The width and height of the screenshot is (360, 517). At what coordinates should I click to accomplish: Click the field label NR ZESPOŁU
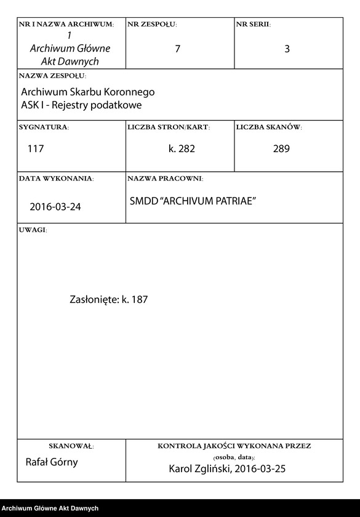coord(152,24)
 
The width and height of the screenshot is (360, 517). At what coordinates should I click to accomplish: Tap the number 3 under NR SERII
coord(287,49)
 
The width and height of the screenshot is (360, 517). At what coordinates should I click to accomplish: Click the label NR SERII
coord(253,24)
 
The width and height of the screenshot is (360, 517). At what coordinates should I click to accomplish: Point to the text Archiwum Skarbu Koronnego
coord(88,92)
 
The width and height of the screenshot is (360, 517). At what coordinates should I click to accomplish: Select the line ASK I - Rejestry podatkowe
coord(81,105)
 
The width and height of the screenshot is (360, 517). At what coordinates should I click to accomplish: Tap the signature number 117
coord(36,148)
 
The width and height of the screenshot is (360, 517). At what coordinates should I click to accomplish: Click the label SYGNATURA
coord(44,127)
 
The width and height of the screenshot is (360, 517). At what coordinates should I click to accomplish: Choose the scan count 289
coord(281,148)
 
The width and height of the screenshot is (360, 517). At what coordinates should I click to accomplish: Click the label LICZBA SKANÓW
coord(268,127)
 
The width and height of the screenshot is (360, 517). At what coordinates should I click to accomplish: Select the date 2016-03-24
coord(55,207)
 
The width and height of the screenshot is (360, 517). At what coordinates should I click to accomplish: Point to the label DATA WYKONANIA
coord(56,178)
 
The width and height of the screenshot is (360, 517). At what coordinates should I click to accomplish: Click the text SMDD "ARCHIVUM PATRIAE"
coord(193,201)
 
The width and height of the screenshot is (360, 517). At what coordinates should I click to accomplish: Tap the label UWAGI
coord(33,230)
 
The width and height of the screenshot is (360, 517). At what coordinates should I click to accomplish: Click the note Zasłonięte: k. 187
coord(109,300)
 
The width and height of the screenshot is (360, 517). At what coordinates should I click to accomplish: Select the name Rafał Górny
coord(52,462)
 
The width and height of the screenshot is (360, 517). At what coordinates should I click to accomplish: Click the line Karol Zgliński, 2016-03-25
coord(227,469)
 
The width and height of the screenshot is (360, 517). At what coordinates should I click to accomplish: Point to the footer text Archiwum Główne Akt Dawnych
coord(50,508)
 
